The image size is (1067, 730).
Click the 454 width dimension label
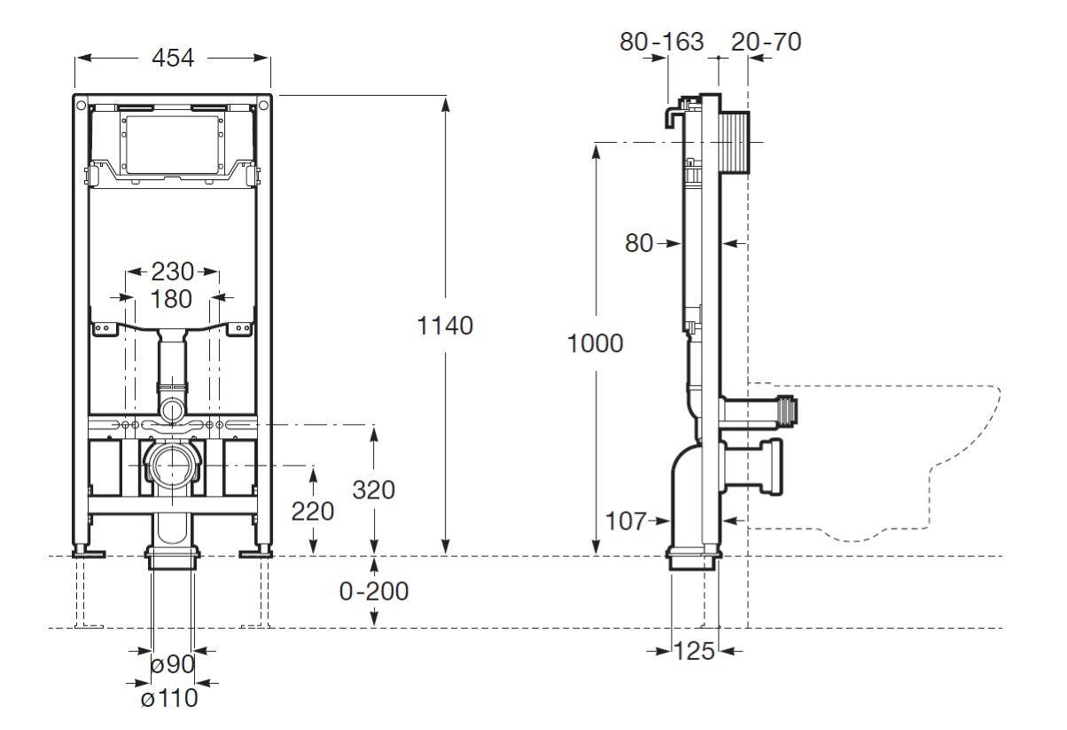pyautogui.click(x=173, y=58)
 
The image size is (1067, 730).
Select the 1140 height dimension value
pyautogui.click(x=445, y=326)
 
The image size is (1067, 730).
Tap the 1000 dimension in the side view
pyautogui.click(x=595, y=343)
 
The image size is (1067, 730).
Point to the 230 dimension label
pyautogui.click(x=172, y=271)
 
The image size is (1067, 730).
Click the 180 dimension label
pyautogui.click(x=171, y=299)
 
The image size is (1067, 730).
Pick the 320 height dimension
pyautogui.click(x=373, y=489)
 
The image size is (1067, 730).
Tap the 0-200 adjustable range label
pyautogui.click(x=373, y=591)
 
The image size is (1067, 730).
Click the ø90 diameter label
pyautogui.click(x=171, y=663)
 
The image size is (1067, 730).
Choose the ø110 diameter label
pyautogui.click(x=168, y=699)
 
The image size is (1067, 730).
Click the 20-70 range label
pyautogui.click(x=767, y=41)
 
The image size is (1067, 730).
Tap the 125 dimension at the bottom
pyautogui.click(x=693, y=651)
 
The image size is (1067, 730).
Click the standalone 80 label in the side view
pyautogui.click(x=639, y=242)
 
